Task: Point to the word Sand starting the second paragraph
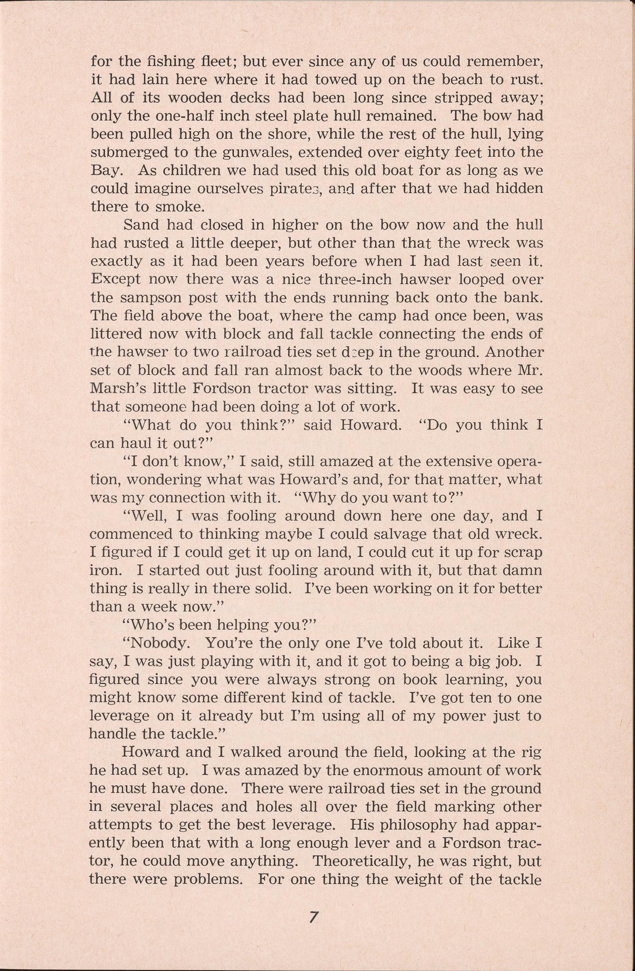click(x=142, y=225)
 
